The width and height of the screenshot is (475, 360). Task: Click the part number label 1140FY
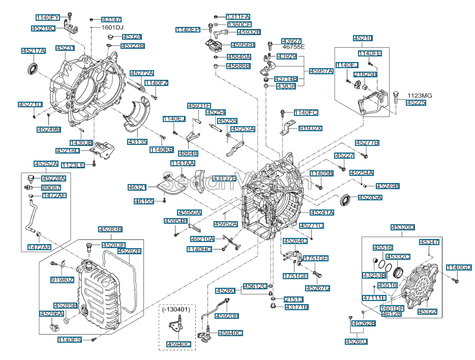click(x=47, y=18)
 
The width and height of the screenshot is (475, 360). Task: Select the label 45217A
click(x=34, y=51)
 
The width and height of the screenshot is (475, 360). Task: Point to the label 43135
click(x=137, y=142)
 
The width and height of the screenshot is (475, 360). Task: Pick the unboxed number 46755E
click(x=293, y=47)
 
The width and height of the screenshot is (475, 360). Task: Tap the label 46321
click(x=137, y=188)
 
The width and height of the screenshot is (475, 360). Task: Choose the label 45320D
click(x=403, y=227)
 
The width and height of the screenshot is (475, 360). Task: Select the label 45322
click(x=427, y=311)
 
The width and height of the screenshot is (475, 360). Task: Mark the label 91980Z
click(x=62, y=279)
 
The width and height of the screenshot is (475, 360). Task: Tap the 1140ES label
click(x=70, y=340)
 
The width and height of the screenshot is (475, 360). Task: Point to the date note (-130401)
click(x=176, y=309)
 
